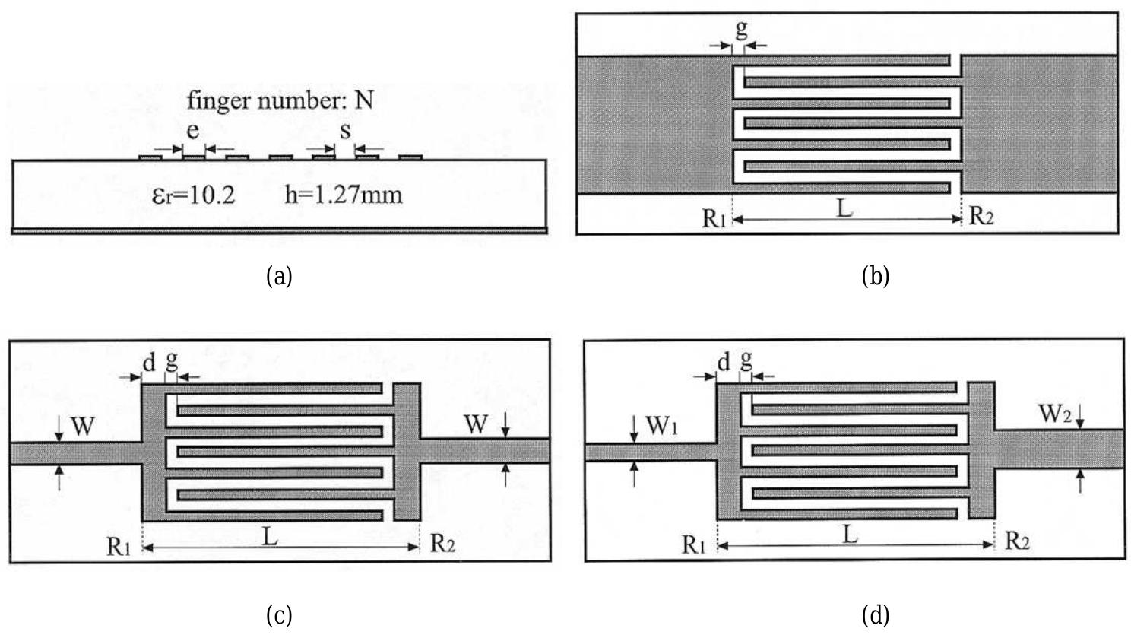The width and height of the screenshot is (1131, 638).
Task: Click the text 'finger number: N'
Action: pyautogui.click(x=280, y=100)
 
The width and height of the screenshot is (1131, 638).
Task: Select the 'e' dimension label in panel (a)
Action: pyautogui.click(x=193, y=130)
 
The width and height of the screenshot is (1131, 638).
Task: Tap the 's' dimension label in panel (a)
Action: pyautogui.click(x=345, y=130)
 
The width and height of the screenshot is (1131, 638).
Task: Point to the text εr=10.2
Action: pyautogui.click(x=194, y=195)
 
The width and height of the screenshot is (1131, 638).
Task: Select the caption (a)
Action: pyautogui.click(x=279, y=275)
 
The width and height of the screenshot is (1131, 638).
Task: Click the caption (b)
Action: pyautogui.click(x=875, y=275)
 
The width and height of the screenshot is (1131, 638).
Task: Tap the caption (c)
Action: pyautogui.click(x=279, y=614)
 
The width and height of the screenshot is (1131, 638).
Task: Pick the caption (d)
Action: pyautogui.click(x=875, y=614)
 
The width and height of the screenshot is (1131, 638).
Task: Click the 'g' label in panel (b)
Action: pyautogui.click(x=742, y=30)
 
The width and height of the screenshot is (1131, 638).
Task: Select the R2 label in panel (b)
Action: pyautogui.click(x=981, y=217)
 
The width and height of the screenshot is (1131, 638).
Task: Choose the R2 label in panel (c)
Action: pyautogui.click(x=442, y=544)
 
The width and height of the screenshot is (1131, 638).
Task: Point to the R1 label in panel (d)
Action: pyautogui.click(x=695, y=544)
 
